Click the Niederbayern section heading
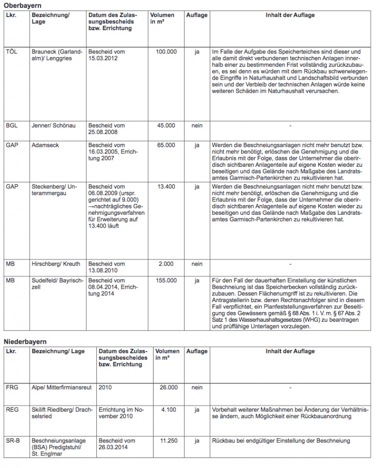(25, 342)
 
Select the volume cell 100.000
(166, 52)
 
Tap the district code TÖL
(12, 52)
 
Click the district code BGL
(12, 126)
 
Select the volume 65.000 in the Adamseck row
(166, 145)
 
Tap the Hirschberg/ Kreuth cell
(56, 264)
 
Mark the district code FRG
(12, 388)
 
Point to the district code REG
(12, 410)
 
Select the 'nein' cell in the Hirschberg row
(196, 264)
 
